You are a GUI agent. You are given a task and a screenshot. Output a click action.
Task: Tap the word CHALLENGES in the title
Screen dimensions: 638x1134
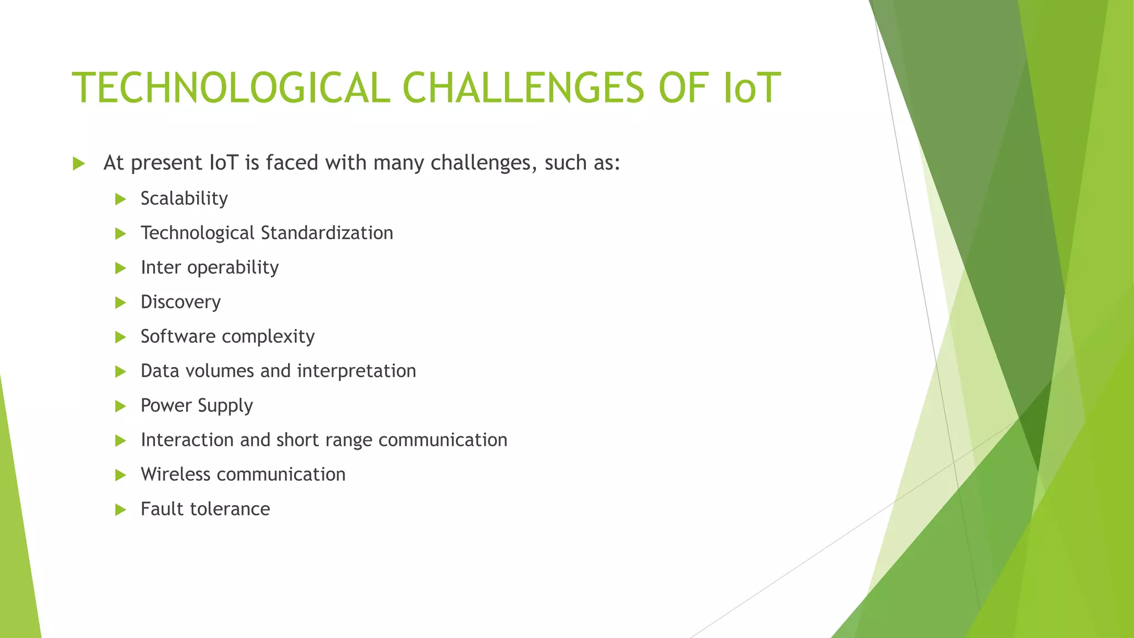pos(523,89)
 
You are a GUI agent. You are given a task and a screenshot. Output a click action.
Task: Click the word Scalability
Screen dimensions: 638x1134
pos(184,199)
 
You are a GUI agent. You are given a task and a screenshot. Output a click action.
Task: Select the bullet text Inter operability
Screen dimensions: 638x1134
pos(209,267)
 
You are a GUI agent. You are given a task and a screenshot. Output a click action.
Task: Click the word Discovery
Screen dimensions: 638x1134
pos(181,302)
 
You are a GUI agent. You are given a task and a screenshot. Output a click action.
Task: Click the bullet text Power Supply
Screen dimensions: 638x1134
pos(197,406)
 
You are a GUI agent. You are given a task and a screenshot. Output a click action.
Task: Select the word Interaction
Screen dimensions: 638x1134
pos(187,440)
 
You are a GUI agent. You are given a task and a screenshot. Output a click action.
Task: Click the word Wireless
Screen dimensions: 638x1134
pos(176,475)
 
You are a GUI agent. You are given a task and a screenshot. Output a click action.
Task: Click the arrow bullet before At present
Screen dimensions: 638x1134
pos(79,164)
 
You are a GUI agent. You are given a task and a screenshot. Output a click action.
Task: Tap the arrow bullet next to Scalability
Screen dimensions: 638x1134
pos(121,199)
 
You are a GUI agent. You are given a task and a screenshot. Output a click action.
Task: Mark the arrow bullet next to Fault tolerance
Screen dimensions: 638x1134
pos(121,510)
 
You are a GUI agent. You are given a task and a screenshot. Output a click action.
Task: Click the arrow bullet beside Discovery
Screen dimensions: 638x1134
pos(121,303)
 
